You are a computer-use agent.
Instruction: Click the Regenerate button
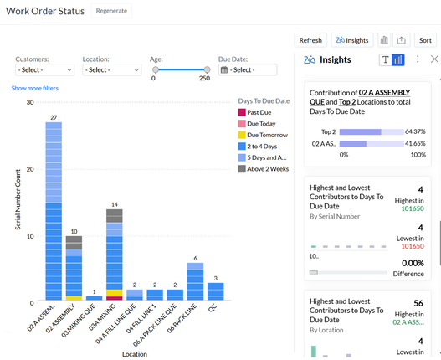111,11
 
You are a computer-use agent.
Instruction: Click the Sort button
424,39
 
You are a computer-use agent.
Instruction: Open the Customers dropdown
44,70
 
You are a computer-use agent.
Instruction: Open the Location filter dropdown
111,70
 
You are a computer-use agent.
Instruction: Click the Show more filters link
35,88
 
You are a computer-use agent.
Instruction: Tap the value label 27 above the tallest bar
54,117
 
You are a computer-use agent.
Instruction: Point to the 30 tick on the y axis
30,103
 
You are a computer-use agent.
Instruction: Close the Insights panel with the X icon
433,59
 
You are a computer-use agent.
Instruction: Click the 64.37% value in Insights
415,131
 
